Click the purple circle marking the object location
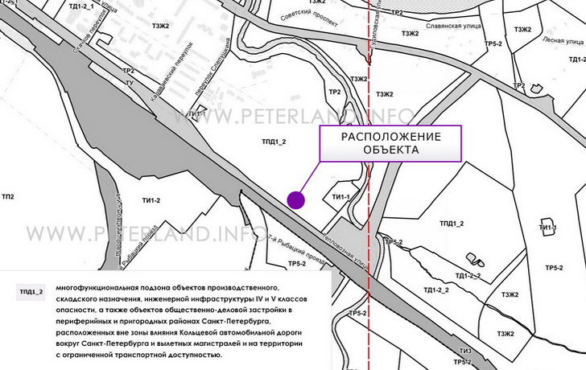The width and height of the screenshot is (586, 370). [296, 200]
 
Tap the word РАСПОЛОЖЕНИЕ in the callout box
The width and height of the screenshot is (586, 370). [392, 136]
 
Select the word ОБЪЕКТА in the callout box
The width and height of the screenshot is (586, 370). [392, 150]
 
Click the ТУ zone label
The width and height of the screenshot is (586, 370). [129, 83]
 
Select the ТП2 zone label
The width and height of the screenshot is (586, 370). [9, 197]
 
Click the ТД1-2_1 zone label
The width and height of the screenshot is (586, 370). [83, 6]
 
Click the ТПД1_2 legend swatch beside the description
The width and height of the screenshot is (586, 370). [30, 291]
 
